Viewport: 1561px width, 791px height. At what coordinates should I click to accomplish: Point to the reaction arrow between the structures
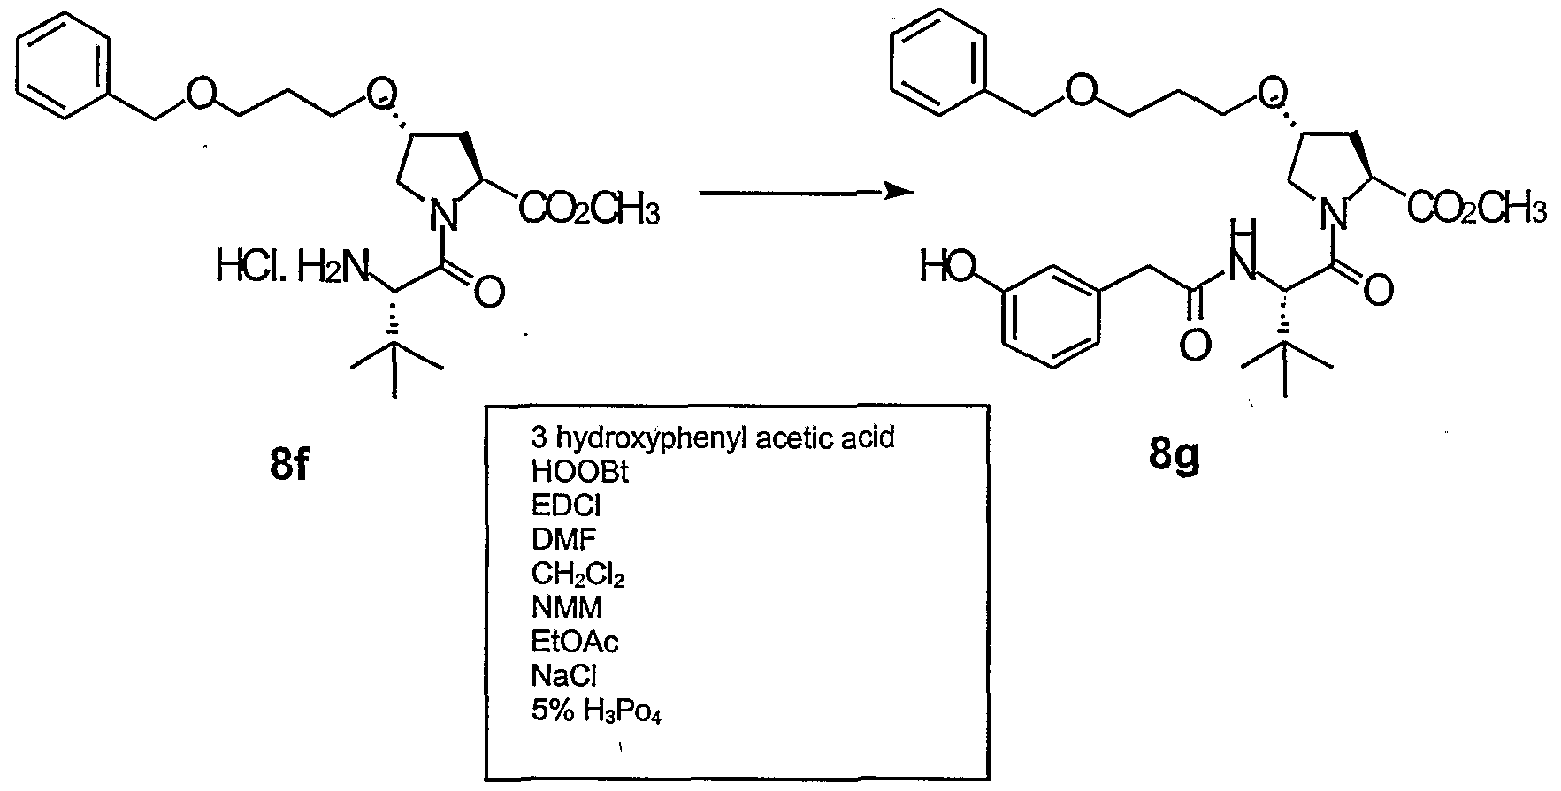tap(806, 191)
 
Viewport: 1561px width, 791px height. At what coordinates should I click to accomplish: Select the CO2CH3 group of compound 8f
tap(587, 210)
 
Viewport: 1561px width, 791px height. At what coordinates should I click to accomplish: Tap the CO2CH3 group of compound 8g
tap(1477, 210)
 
